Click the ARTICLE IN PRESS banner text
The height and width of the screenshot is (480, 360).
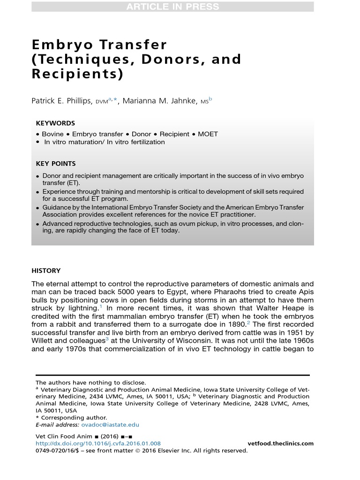coord(172,7)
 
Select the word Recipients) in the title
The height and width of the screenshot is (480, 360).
coord(77,74)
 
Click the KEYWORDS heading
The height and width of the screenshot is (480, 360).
coord(55,123)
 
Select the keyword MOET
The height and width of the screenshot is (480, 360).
coord(208,134)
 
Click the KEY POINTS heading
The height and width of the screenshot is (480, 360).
coord(56,164)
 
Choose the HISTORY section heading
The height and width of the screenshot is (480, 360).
coord(46,270)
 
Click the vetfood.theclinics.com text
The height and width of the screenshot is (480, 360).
coord(280,443)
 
